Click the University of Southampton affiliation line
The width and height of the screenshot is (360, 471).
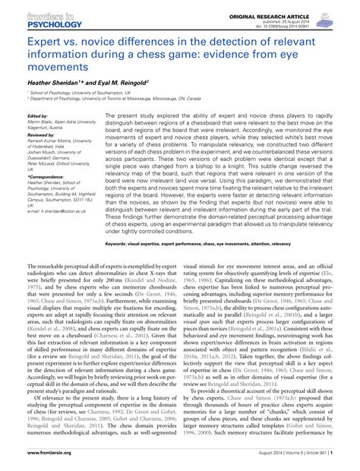point(84,93)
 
